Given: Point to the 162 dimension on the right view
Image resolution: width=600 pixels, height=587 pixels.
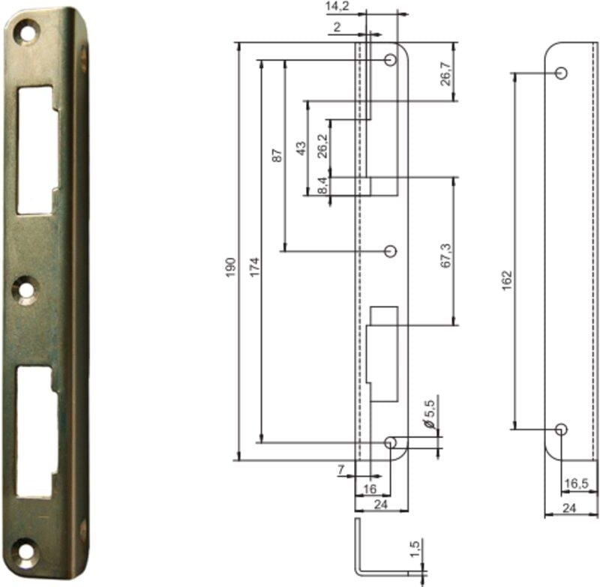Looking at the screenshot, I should (506, 280).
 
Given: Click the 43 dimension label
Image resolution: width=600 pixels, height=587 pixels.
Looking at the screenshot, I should (301, 148).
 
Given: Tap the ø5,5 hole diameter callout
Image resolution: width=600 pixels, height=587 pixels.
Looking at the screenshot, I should (430, 414).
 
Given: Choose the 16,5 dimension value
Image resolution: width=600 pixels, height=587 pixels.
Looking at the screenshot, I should (575, 484).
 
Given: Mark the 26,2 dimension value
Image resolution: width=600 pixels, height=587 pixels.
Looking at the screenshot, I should (322, 145).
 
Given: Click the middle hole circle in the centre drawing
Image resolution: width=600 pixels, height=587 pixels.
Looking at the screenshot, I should (389, 251).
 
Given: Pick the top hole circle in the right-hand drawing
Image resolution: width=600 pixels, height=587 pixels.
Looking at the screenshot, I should (560, 73).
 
